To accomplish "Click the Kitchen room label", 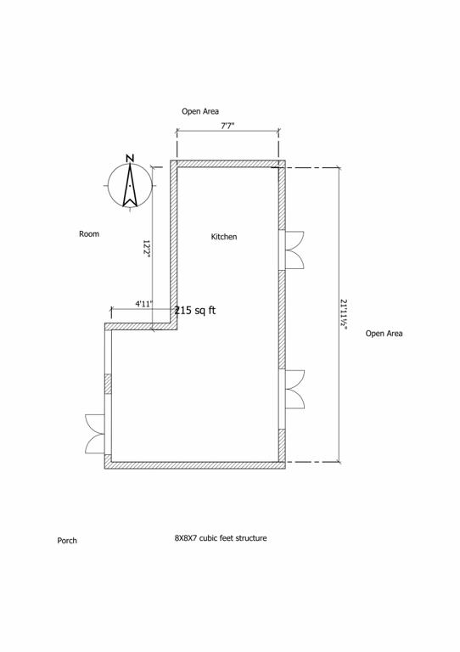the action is (x=224, y=237).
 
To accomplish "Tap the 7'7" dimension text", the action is (x=227, y=126).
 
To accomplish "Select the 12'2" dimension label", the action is (x=146, y=249).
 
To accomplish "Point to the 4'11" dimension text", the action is (x=143, y=304).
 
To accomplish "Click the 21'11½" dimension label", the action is (x=344, y=314).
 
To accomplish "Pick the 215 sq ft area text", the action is (x=195, y=310).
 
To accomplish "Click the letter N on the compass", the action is (x=130, y=158).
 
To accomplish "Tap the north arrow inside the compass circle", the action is (x=130, y=185).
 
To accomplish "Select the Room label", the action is (x=89, y=233).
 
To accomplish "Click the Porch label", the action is (x=67, y=541).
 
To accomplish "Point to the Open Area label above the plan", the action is (x=200, y=111).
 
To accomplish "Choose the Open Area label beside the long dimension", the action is (x=384, y=333).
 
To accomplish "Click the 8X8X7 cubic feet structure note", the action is (x=221, y=538).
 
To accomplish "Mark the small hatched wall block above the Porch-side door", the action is (x=108, y=384).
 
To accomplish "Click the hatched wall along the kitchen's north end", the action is (x=227, y=164).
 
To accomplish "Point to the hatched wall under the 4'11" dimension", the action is (x=141, y=326).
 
